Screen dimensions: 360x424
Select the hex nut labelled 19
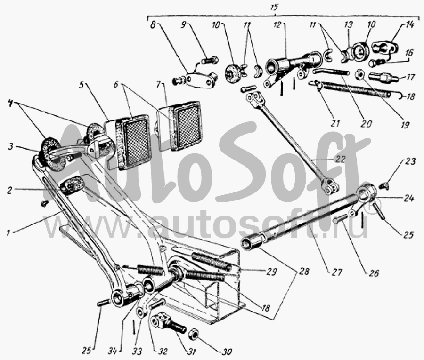(x=359, y=74)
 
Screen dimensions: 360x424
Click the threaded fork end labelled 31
(x=163, y=323)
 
